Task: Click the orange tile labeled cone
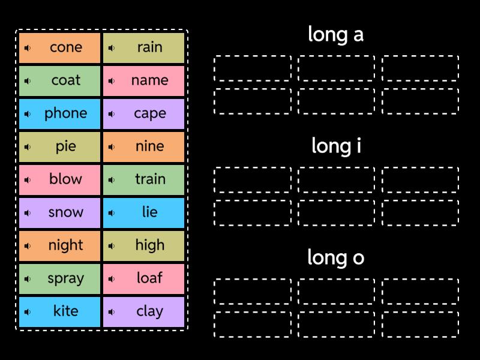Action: pyautogui.click(x=60, y=48)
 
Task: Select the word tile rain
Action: pyautogui.click(x=144, y=48)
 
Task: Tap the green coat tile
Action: pyautogui.click(x=60, y=81)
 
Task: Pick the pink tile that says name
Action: pyautogui.click(x=144, y=81)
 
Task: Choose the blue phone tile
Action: pyautogui.click(x=60, y=114)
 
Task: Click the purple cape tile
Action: pyautogui.click(x=144, y=114)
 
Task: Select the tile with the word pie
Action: pyautogui.click(x=60, y=147)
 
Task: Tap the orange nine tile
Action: pyautogui.click(x=144, y=147)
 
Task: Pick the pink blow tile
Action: pyautogui.click(x=60, y=180)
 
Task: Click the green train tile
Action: pyautogui.click(x=144, y=180)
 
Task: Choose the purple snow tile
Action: pyautogui.click(x=60, y=213)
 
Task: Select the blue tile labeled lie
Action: pyautogui.click(x=144, y=213)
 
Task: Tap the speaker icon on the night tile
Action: pyautogui.click(x=28, y=246)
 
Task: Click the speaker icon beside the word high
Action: pyautogui.click(x=112, y=246)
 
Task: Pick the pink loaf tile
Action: pyautogui.click(x=144, y=279)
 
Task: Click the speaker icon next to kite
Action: pyautogui.click(x=28, y=312)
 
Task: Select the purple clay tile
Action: pyautogui.click(x=144, y=312)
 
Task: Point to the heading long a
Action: pyautogui.click(x=335, y=35)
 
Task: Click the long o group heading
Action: pyautogui.click(x=335, y=257)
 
